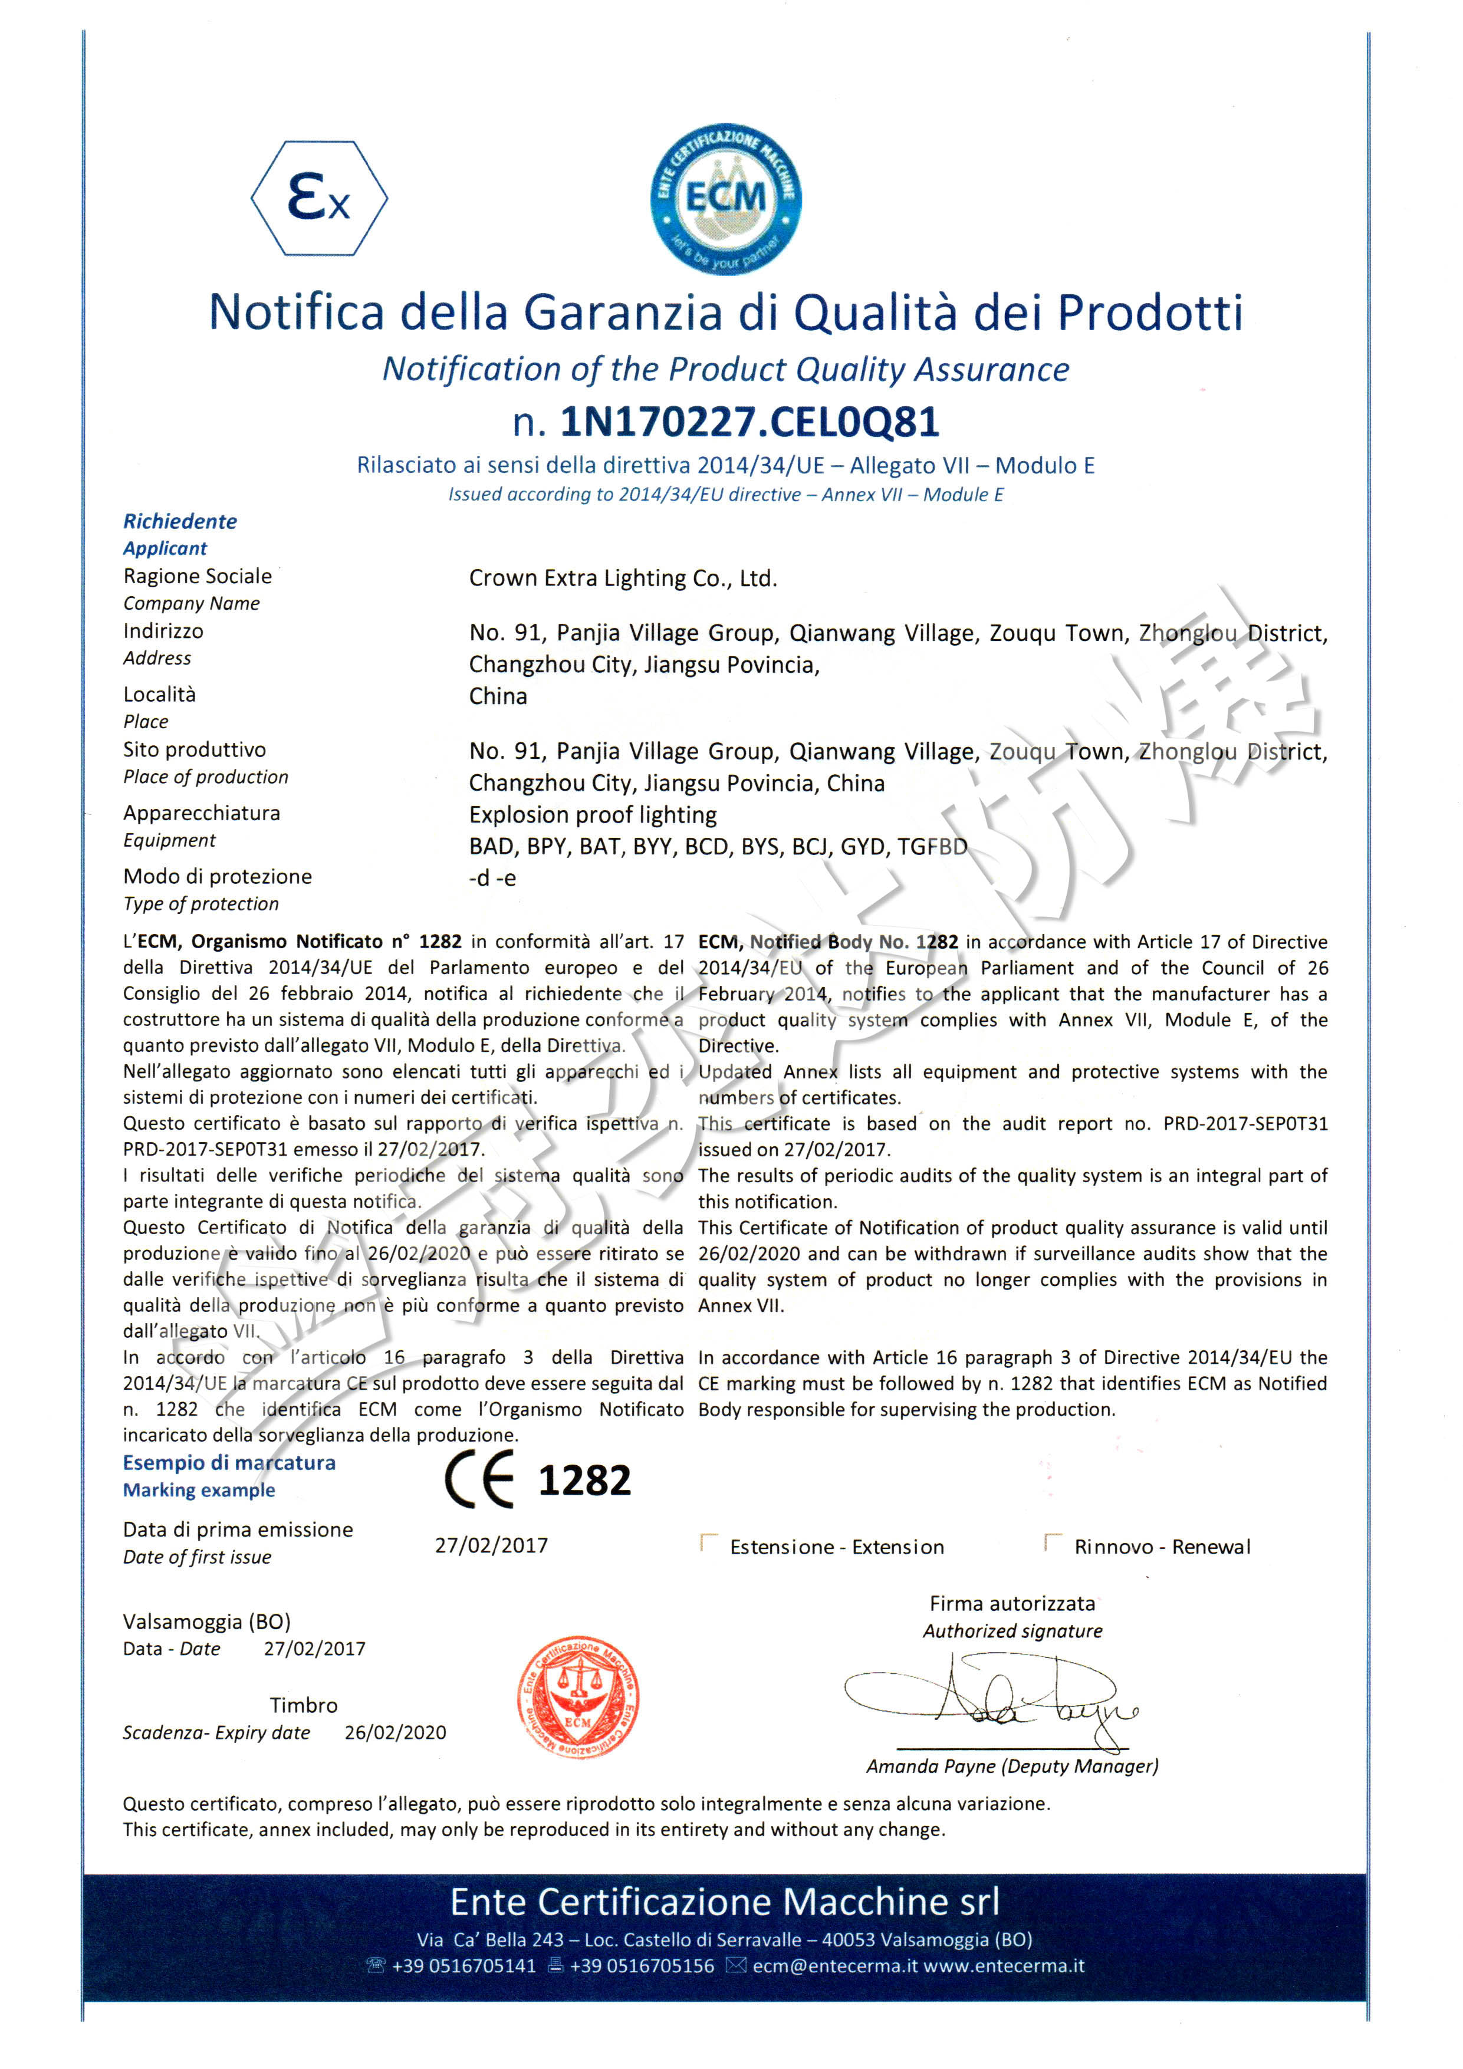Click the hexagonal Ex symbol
tap(319, 198)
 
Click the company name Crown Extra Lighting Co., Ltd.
tap(622, 578)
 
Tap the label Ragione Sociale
tap(198, 576)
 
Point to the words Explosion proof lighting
tap(592, 815)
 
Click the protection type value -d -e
tap(492, 878)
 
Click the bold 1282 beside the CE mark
tap(584, 1481)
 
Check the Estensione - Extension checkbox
tap(709, 1542)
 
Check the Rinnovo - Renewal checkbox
tap(1052, 1542)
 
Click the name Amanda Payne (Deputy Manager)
tap(1012, 1766)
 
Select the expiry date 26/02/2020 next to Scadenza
tap(395, 1732)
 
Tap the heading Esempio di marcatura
tap(229, 1462)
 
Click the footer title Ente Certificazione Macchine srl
tap(725, 1902)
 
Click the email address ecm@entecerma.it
tap(834, 1965)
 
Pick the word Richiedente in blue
tap(180, 521)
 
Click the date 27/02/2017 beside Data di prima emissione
tap(491, 1545)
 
